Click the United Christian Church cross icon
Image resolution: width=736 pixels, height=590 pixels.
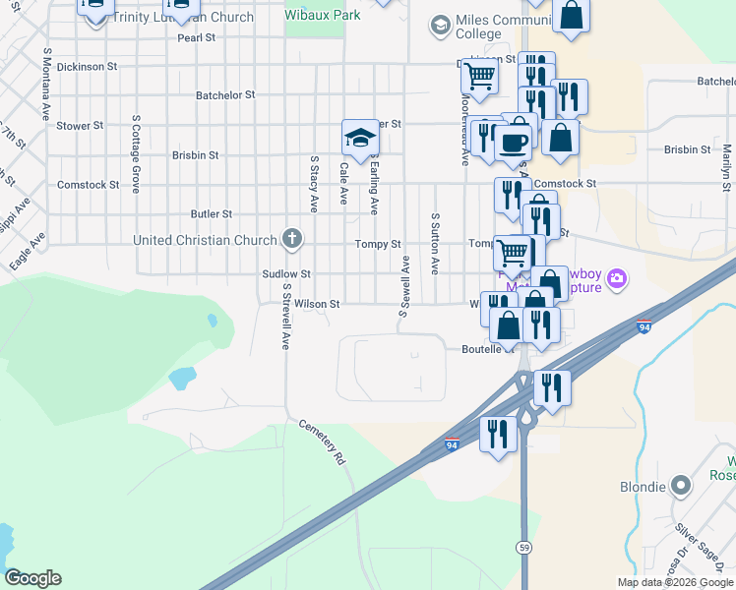[x=291, y=238]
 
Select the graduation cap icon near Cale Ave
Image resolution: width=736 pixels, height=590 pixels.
[x=360, y=137]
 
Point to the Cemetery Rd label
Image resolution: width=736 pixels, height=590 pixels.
[x=327, y=443]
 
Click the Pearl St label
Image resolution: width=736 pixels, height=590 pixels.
[x=196, y=38]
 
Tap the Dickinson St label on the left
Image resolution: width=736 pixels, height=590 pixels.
[x=87, y=67]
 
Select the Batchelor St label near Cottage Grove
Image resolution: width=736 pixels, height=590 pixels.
[x=225, y=95]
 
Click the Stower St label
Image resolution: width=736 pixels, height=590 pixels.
[x=80, y=126]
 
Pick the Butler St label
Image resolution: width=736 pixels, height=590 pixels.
[x=212, y=213]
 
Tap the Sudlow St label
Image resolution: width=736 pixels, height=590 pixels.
[x=286, y=274]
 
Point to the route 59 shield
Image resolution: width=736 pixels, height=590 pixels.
[x=525, y=546]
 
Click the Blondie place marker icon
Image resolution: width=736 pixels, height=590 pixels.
[x=679, y=486]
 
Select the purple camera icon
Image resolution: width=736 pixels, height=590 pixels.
[x=617, y=279]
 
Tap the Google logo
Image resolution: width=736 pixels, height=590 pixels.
[x=32, y=578]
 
